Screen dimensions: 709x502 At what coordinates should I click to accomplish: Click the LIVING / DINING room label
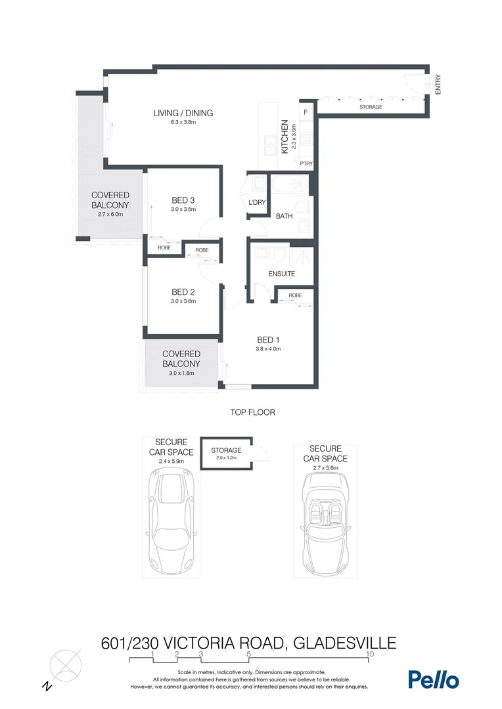pyautogui.click(x=183, y=113)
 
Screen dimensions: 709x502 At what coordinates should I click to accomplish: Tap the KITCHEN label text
pyautogui.click(x=285, y=137)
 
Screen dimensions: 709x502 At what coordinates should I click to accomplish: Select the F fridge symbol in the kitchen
pyautogui.click(x=306, y=112)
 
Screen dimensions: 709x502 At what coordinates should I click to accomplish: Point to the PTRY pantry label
pyautogui.click(x=306, y=163)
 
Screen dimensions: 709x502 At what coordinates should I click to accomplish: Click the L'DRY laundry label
pyautogui.click(x=257, y=202)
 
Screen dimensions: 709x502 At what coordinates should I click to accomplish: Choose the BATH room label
pyautogui.click(x=284, y=216)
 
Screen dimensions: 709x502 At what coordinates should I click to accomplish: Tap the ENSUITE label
pyautogui.click(x=281, y=274)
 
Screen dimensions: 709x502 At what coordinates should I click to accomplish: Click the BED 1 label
pyautogui.click(x=268, y=339)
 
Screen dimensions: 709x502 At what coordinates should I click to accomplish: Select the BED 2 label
pyautogui.click(x=183, y=292)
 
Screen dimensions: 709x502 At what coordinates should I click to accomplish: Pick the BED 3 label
pyautogui.click(x=183, y=200)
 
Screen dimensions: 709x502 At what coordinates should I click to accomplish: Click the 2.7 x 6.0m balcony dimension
pyautogui.click(x=110, y=214)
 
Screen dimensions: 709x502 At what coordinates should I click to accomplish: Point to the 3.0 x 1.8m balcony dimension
pyautogui.click(x=181, y=373)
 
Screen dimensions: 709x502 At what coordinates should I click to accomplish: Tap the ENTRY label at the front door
pyautogui.click(x=438, y=85)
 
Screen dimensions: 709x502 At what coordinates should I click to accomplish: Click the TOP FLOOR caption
pyautogui.click(x=252, y=412)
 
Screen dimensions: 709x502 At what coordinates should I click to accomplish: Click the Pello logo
pyautogui.click(x=433, y=679)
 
